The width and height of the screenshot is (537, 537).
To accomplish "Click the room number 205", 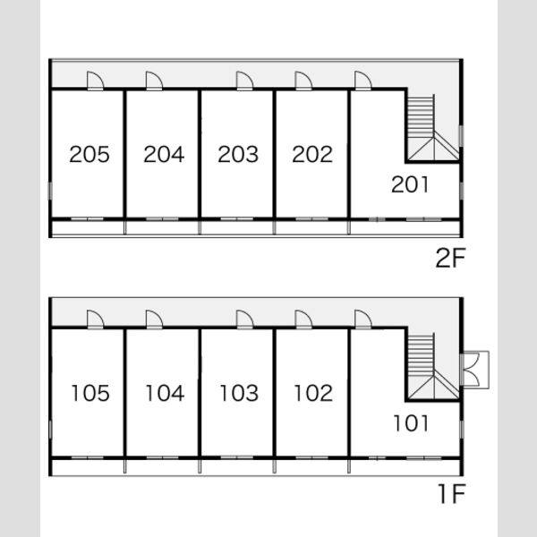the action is pos(89,154).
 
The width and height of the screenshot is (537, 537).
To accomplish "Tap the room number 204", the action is pos(164,154).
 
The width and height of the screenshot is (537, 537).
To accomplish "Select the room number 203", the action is pos(238,154).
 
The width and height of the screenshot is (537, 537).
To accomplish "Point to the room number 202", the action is pos(312,154).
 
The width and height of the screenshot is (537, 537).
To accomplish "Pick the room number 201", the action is pos(410,184).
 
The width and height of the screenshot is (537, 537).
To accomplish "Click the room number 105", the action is pos(90,393).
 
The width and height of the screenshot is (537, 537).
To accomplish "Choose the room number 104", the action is pos(165,393).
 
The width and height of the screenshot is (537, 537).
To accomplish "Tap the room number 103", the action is pos(239,393).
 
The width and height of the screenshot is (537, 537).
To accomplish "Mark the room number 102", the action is pos(313,393).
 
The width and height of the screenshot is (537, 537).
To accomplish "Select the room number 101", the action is pos(411,423).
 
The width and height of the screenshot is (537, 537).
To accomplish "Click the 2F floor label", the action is pos(450,258).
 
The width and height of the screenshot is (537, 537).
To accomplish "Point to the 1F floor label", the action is pos(452,493).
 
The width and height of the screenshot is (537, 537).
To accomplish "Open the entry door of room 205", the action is pos(95,81).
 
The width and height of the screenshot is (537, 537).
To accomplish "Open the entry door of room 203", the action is pos(245,81).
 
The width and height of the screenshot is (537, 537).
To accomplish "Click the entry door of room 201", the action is pos(363,81).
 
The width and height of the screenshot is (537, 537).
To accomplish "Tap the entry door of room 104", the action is pos(154,320).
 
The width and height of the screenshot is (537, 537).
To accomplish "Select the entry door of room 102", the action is pos(303,320).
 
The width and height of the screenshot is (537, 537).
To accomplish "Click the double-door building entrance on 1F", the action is pos(474,370).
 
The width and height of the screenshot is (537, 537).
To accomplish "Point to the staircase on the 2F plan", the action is pos(433,127).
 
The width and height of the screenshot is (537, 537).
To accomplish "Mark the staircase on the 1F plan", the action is pos(433,366).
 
